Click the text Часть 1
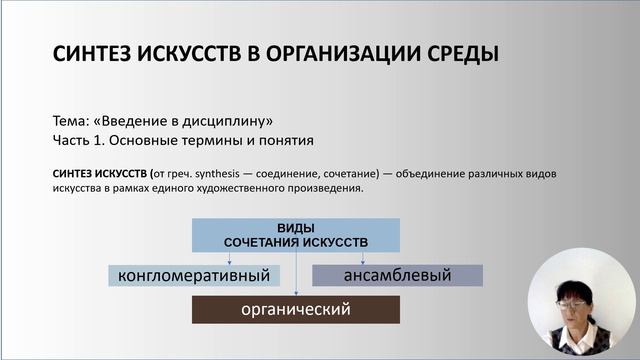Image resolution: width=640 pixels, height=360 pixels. pos(81,139)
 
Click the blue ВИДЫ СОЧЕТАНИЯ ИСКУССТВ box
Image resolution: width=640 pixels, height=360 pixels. pos(296,235)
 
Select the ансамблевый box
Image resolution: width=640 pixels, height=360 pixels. pos(397,275)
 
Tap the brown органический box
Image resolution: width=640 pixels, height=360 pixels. pos(296,309)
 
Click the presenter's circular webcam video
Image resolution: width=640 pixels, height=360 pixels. pos(584,304)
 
